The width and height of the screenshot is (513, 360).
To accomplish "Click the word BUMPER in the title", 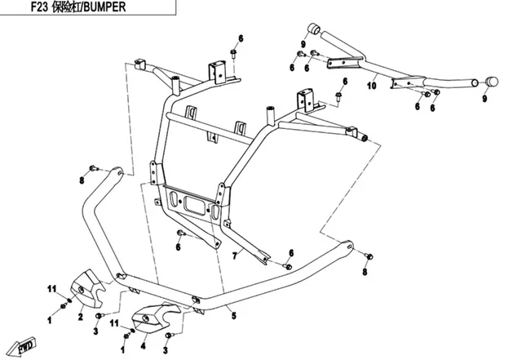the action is pos(104,7).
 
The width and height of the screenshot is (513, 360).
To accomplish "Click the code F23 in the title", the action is pos(40,7).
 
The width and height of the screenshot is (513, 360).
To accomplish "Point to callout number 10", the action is pos(372,86).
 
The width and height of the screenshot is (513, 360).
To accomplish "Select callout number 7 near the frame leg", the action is pos(235,256).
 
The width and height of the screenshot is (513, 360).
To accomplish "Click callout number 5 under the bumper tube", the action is pos(233,316).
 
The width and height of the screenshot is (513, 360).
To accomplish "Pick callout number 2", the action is pos(81,317).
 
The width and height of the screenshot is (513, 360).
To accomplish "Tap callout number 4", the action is pos(143,345).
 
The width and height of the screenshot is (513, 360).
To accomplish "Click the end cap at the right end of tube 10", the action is pos(492,82).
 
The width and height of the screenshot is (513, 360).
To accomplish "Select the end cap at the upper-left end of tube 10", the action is pos(314,29).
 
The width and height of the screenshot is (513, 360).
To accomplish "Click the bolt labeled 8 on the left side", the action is pos(93,169).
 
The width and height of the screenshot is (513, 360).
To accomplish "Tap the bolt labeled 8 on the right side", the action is pos(369,256).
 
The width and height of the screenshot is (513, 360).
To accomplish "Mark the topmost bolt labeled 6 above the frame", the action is pos(233,53).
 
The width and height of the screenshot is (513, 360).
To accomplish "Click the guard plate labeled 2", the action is pos(87,288).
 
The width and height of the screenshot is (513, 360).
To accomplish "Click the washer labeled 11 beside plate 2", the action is pos(69,300).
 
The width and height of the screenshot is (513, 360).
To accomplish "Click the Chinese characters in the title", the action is pos(66,7).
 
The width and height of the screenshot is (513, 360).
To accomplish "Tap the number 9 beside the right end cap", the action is pos(484,98).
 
